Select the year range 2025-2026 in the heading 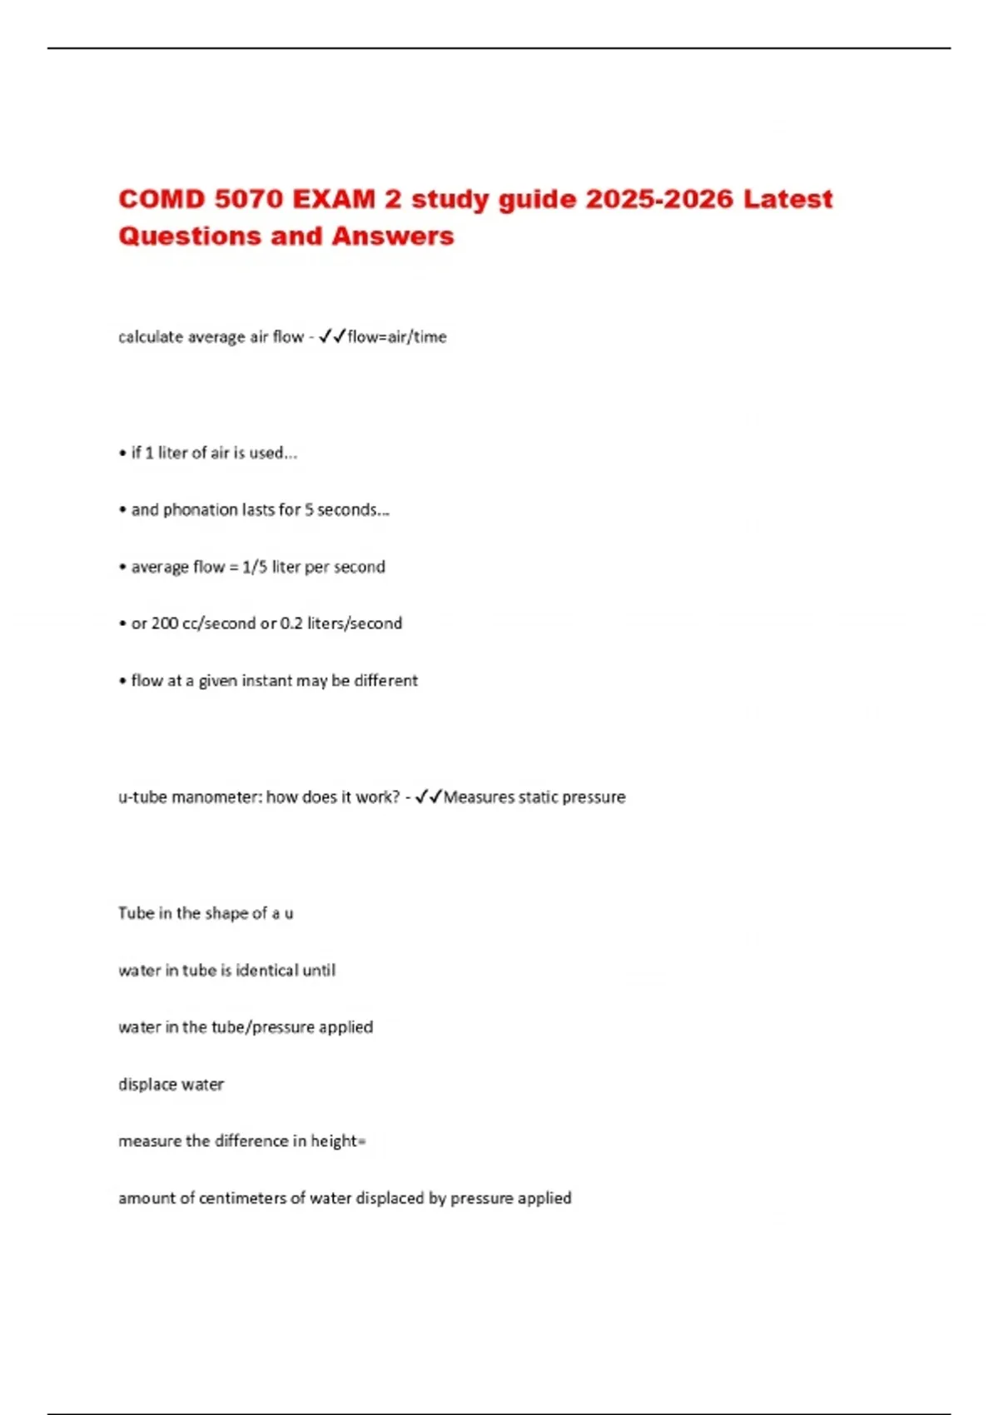659,200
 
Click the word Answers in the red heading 393,236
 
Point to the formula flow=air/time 397,337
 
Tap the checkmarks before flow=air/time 332,337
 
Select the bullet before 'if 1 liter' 122,454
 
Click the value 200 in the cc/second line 165,623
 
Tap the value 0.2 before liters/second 291,623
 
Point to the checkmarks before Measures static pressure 428,797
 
